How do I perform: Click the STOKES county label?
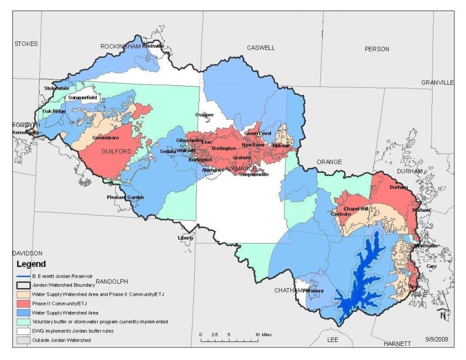(26, 44)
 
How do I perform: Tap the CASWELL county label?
(261, 48)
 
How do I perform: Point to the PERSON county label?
(377, 49)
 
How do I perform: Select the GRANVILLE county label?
(437, 83)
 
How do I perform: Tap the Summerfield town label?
(83, 98)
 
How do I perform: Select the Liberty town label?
(185, 238)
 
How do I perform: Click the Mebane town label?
(281, 145)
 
